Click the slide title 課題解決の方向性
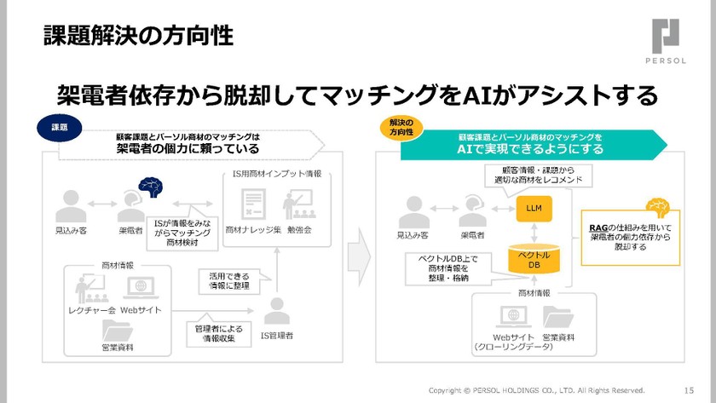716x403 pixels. pyautogui.click(x=137, y=37)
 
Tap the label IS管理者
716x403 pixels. pyautogui.click(x=276, y=336)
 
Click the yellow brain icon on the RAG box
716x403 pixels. pyautogui.click(x=657, y=205)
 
